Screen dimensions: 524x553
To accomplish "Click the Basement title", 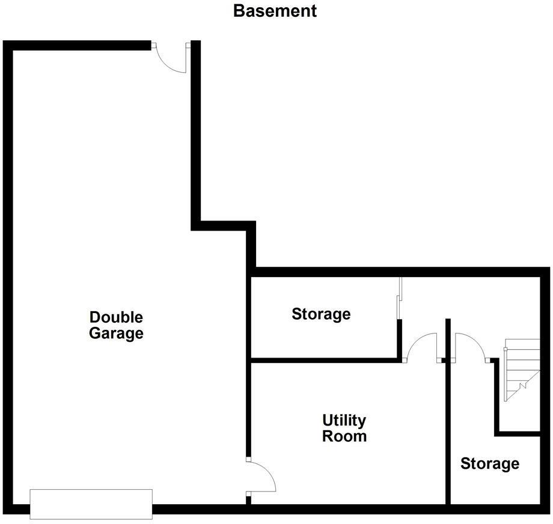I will click(x=275, y=11).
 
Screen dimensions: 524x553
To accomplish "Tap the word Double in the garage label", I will click(x=116, y=317).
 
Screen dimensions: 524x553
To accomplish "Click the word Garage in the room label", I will click(x=116, y=333).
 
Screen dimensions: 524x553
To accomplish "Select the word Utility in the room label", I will click(x=344, y=420).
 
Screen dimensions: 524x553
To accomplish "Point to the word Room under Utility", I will click(x=344, y=436).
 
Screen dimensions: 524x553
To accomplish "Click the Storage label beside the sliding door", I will click(x=321, y=314).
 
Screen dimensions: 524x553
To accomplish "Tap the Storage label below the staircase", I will click(x=490, y=463).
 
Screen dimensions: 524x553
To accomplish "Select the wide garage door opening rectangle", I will click(x=91, y=504).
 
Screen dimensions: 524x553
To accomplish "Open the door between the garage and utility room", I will click(x=261, y=477).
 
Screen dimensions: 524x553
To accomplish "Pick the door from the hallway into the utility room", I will click(x=423, y=348).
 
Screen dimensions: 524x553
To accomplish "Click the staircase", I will click(x=521, y=369).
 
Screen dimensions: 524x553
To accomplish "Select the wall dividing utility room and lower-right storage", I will click(x=448, y=433).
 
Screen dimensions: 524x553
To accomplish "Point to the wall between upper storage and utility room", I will click(x=325, y=360).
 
